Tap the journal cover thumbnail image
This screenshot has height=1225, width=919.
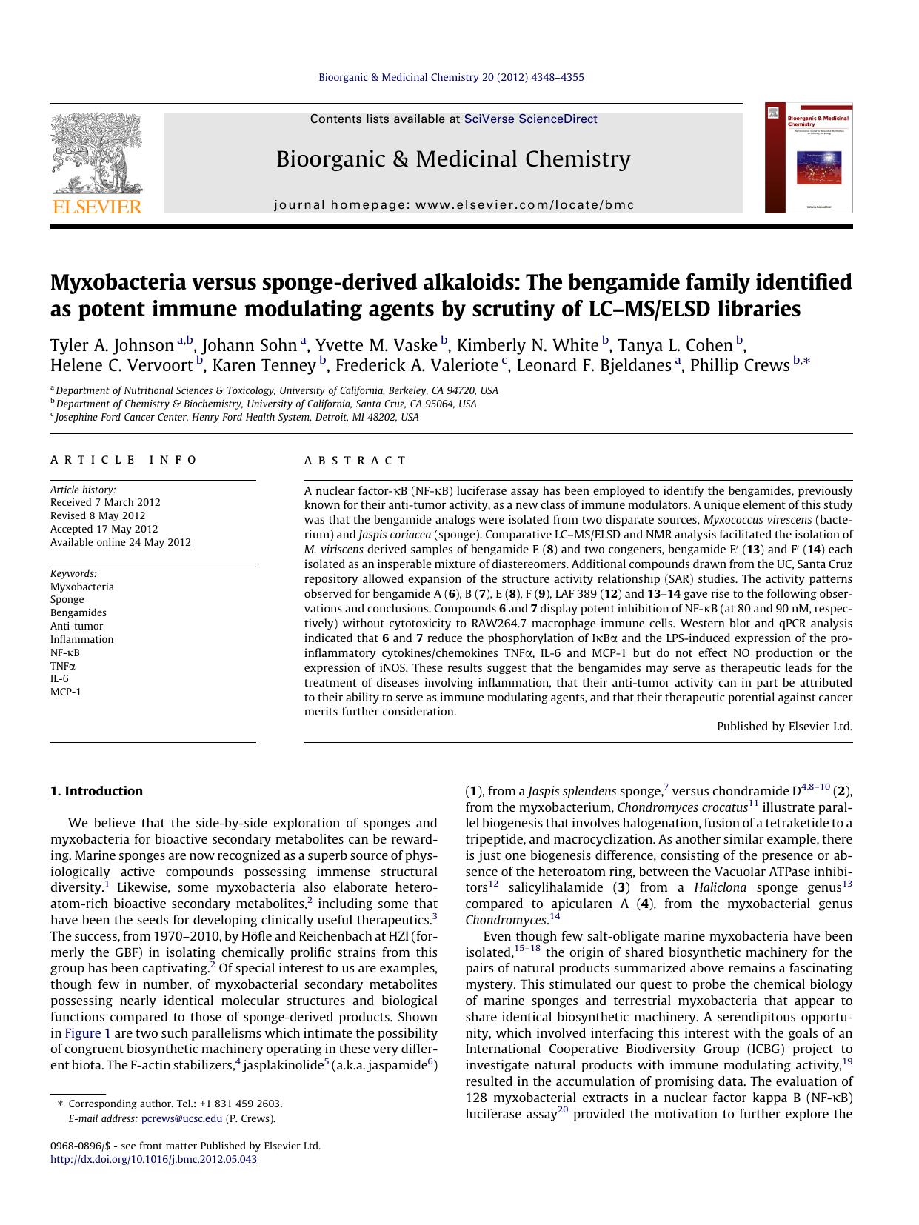click(x=809, y=158)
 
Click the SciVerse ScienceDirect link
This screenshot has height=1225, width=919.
click(x=530, y=119)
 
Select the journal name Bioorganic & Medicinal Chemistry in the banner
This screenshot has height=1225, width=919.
click(x=453, y=159)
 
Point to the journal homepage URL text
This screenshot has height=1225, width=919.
click(x=454, y=205)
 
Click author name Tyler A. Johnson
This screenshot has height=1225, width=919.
click(x=112, y=346)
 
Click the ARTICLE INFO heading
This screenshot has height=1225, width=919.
click(x=124, y=460)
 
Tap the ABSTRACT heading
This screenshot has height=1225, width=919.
click(x=355, y=461)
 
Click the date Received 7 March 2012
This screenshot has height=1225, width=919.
click(x=105, y=502)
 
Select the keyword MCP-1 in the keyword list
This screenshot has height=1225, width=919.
click(x=66, y=692)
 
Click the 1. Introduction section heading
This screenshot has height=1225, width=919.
click(x=96, y=791)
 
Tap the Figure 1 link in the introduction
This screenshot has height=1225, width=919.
click(x=87, y=1033)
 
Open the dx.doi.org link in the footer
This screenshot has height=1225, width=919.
click(x=153, y=1159)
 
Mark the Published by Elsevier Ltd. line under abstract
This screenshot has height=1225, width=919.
click(x=784, y=727)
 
